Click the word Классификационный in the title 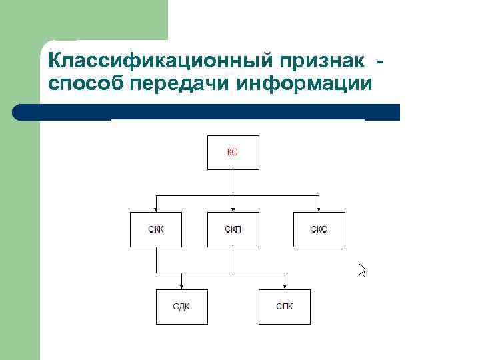coord(159,61)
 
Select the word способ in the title coord(86,85)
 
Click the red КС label coord(233,153)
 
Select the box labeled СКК coord(155,230)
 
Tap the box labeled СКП coord(233,230)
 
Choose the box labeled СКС coord(319,230)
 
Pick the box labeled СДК coord(181,307)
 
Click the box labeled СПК coord(285,307)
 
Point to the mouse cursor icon coord(361,269)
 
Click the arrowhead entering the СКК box coord(155,209)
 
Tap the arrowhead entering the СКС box coord(319,209)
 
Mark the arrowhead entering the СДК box coord(181,286)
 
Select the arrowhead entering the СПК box coord(285,286)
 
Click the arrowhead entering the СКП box coord(233,209)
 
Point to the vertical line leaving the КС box coord(233,181)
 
